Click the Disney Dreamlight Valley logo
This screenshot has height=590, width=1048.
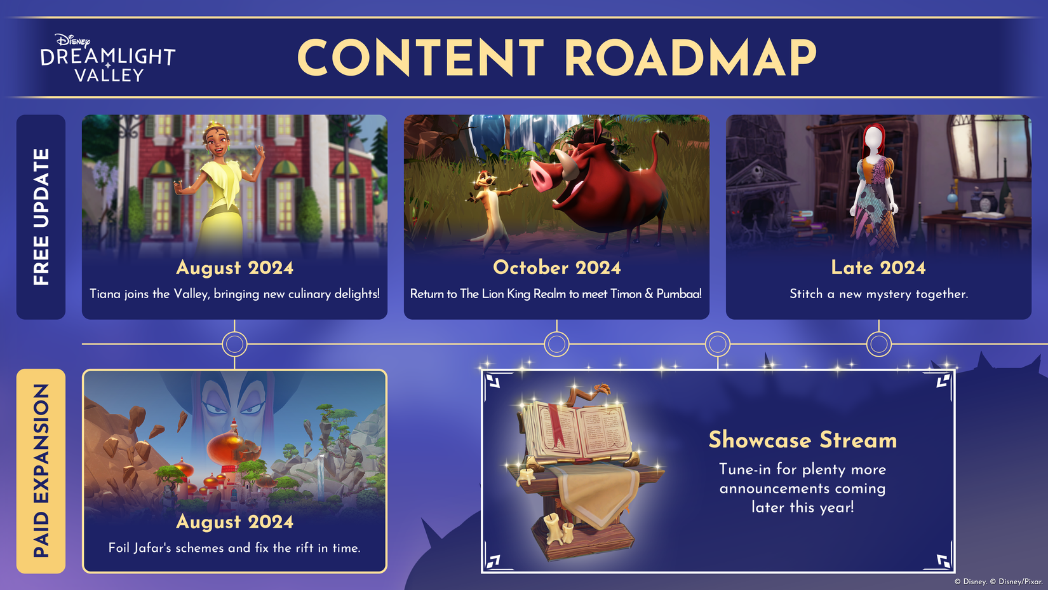pos(108,58)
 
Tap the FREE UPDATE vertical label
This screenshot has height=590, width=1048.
pos(41,217)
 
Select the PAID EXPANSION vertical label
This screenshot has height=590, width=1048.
pos(41,470)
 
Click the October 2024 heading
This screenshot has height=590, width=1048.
pos(556,268)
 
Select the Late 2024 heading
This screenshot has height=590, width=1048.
pos(878,268)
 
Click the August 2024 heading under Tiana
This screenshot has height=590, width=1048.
pos(234,268)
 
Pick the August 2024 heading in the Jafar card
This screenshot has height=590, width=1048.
pos(234,522)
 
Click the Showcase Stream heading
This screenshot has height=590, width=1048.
pos(802,440)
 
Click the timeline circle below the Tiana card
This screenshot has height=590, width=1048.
pos(234,344)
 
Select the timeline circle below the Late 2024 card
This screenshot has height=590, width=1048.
pos(878,344)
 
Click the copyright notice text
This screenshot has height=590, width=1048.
pos(998,581)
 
